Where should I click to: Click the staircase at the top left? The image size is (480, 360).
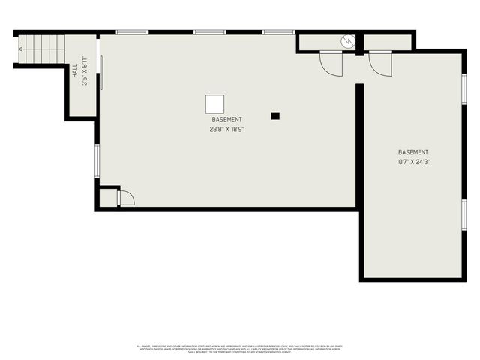[x=41, y=50]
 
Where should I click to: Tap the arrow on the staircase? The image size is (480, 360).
[x=21, y=49]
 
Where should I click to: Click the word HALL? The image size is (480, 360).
[x=75, y=72]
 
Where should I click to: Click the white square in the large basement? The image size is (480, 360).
[x=215, y=104]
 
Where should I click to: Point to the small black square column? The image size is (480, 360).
[x=275, y=115]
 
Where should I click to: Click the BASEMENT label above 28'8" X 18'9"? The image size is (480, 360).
[x=226, y=120]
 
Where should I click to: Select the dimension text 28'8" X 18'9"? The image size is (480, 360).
[x=226, y=129]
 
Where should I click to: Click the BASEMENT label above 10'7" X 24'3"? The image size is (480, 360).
[x=413, y=152]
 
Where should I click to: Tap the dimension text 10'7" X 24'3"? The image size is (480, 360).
[x=413, y=161]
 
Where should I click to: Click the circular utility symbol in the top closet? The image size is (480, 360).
[x=346, y=42]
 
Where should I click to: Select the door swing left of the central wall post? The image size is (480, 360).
[x=331, y=64]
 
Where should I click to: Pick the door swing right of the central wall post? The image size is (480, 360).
[x=380, y=63]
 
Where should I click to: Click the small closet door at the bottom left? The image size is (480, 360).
[x=125, y=198]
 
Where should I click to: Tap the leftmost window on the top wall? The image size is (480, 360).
[x=131, y=32]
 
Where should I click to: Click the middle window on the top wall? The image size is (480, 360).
[x=210, y=32]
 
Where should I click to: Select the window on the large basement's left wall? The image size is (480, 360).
[x=97, y=160]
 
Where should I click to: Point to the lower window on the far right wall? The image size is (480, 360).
[x=464, y=215]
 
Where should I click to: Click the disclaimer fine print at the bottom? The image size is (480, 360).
[x=239, y=349]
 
